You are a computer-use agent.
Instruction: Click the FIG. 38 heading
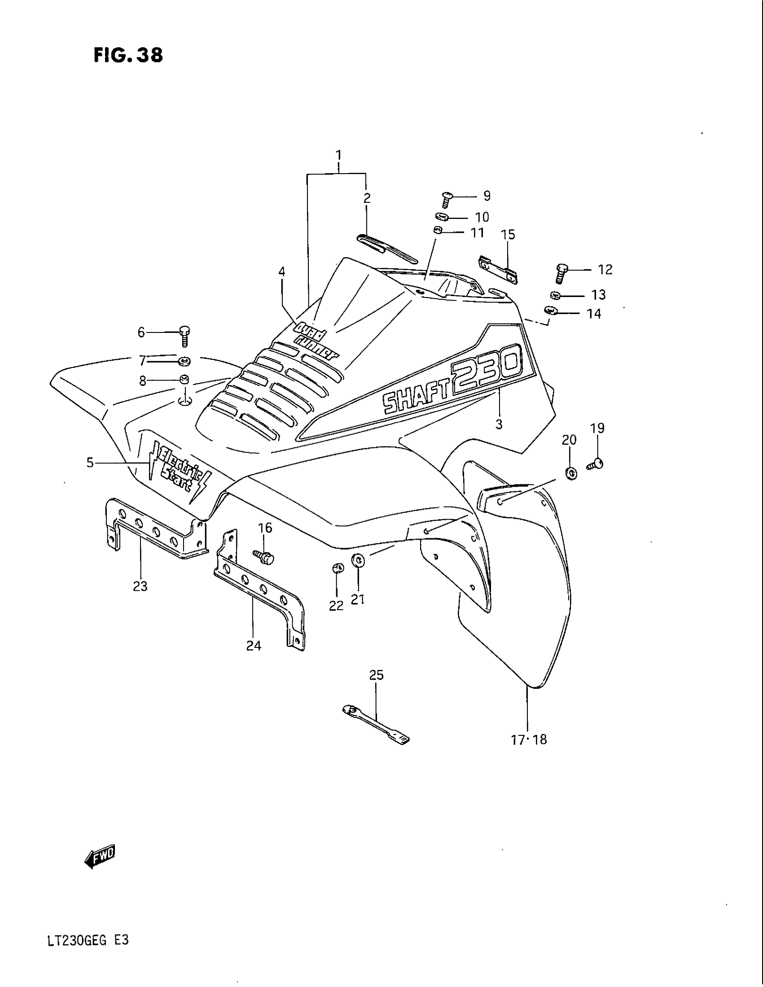pyautogui.click(x=128, y=56)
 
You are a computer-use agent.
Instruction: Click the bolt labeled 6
pyautogui.click(x=184, y=336)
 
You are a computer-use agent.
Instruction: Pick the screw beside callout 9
pyautogui.click(x=447, y=198)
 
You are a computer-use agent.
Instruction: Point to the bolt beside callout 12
pyautogui.click(x=561, y=273)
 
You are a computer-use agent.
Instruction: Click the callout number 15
pyautogui.click(x=508, y=235)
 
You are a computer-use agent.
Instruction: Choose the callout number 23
pyautogui.click(x=140, y=586)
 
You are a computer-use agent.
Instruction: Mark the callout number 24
pyautogui.click(x=254, y=646)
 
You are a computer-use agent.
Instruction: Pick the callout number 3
pyautogui.click(x=499, y=424)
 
